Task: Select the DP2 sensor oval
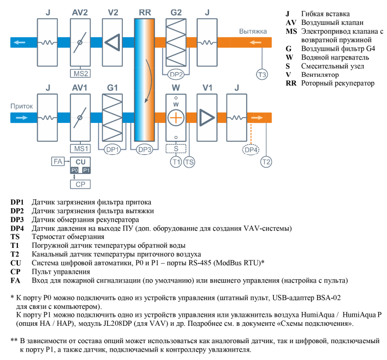pos(176,74)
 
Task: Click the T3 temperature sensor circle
pos(262,74)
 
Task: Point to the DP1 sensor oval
pos(113,149)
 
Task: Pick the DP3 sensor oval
pos(145,149)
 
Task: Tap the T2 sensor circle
pos(266,161)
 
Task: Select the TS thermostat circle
pos(189,161)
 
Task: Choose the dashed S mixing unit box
pos(175,148)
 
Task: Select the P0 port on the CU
pos(75,170)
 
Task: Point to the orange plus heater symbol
pos(175,118)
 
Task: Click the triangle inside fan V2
pos(112,43)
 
